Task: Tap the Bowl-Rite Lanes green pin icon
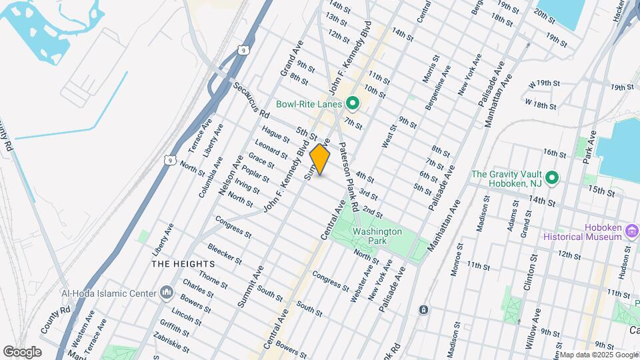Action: tap(353, 103)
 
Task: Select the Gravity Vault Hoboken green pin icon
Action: tap(551, 179)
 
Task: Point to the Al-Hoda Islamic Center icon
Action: tap(166, 293)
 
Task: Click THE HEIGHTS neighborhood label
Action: tap(177, 264)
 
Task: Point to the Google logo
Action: tap(22, 351)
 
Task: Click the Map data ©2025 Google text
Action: tap(598, 355)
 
